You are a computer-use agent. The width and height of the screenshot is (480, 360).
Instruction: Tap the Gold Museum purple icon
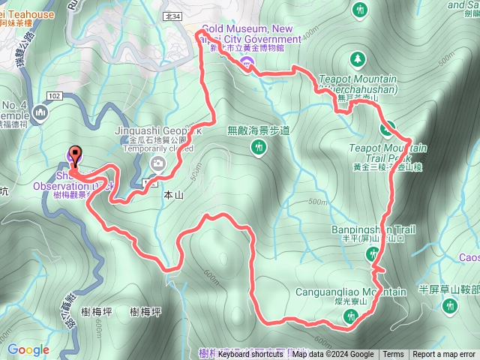(247, 60)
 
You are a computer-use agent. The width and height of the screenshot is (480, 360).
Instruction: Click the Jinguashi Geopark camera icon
(157, 163)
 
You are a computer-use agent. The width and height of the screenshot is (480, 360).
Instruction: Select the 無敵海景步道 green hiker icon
(259, 148)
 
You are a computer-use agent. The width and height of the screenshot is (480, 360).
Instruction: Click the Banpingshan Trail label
(373, 229)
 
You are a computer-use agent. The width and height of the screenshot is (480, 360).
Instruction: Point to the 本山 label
(173, 193)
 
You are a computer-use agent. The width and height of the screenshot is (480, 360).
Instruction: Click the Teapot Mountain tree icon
(358, 58)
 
